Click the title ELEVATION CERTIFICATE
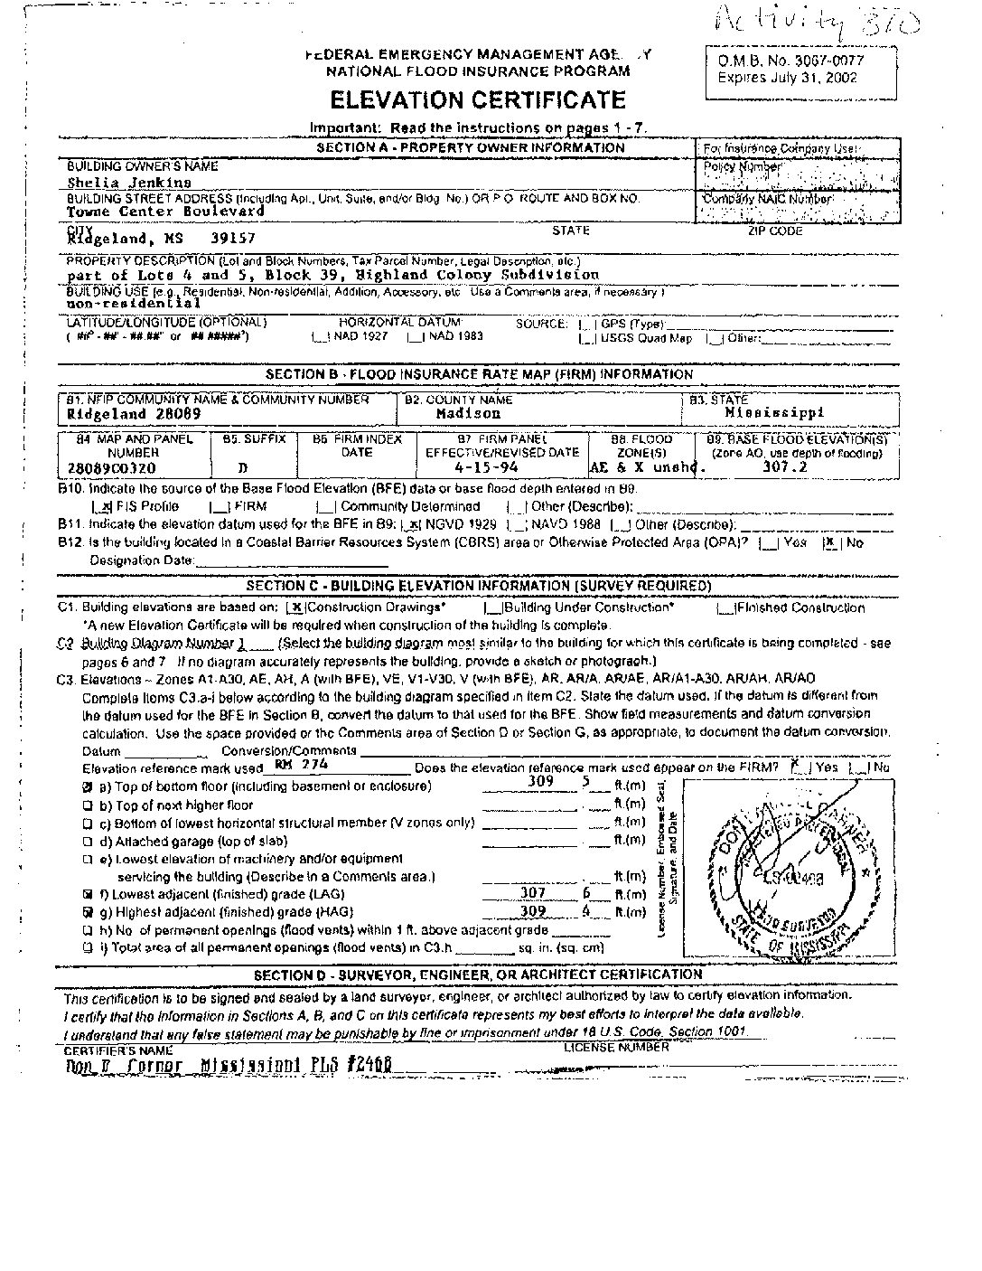(x=477, y=99)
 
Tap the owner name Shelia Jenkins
(x=129, y=182)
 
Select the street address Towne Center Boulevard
(x=166, y=211)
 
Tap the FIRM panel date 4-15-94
(x=494, y=469)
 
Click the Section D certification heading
(x=477, y=974)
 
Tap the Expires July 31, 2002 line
(x=787, y=78)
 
